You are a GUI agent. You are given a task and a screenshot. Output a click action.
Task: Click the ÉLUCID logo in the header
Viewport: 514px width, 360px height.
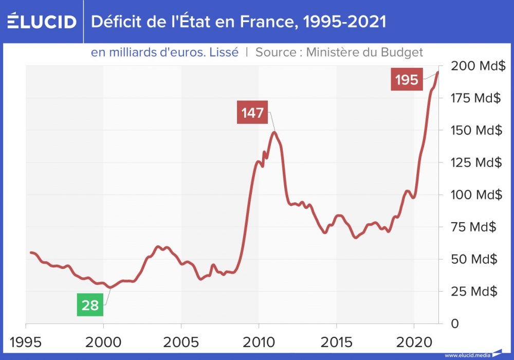[x=42, y=22]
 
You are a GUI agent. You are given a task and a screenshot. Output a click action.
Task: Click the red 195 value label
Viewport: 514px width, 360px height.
[x=407, y=80]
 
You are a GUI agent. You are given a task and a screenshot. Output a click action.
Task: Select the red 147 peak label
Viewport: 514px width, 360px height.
[x=252, y=113]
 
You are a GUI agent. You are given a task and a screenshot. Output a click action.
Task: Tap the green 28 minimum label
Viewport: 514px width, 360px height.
[x=90, y=305]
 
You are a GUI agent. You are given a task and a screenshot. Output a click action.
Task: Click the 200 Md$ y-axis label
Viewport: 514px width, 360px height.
[x=476, y=66]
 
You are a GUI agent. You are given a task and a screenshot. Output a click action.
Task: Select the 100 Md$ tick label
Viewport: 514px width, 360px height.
[x=476, y=195]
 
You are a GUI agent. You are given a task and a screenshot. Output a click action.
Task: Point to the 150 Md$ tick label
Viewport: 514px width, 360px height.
[x=476, y=130]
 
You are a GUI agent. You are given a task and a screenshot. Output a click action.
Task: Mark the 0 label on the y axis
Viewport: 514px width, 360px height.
[x=454, y=323]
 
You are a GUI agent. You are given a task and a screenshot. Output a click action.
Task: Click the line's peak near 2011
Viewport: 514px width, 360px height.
[x=274, y=133]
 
